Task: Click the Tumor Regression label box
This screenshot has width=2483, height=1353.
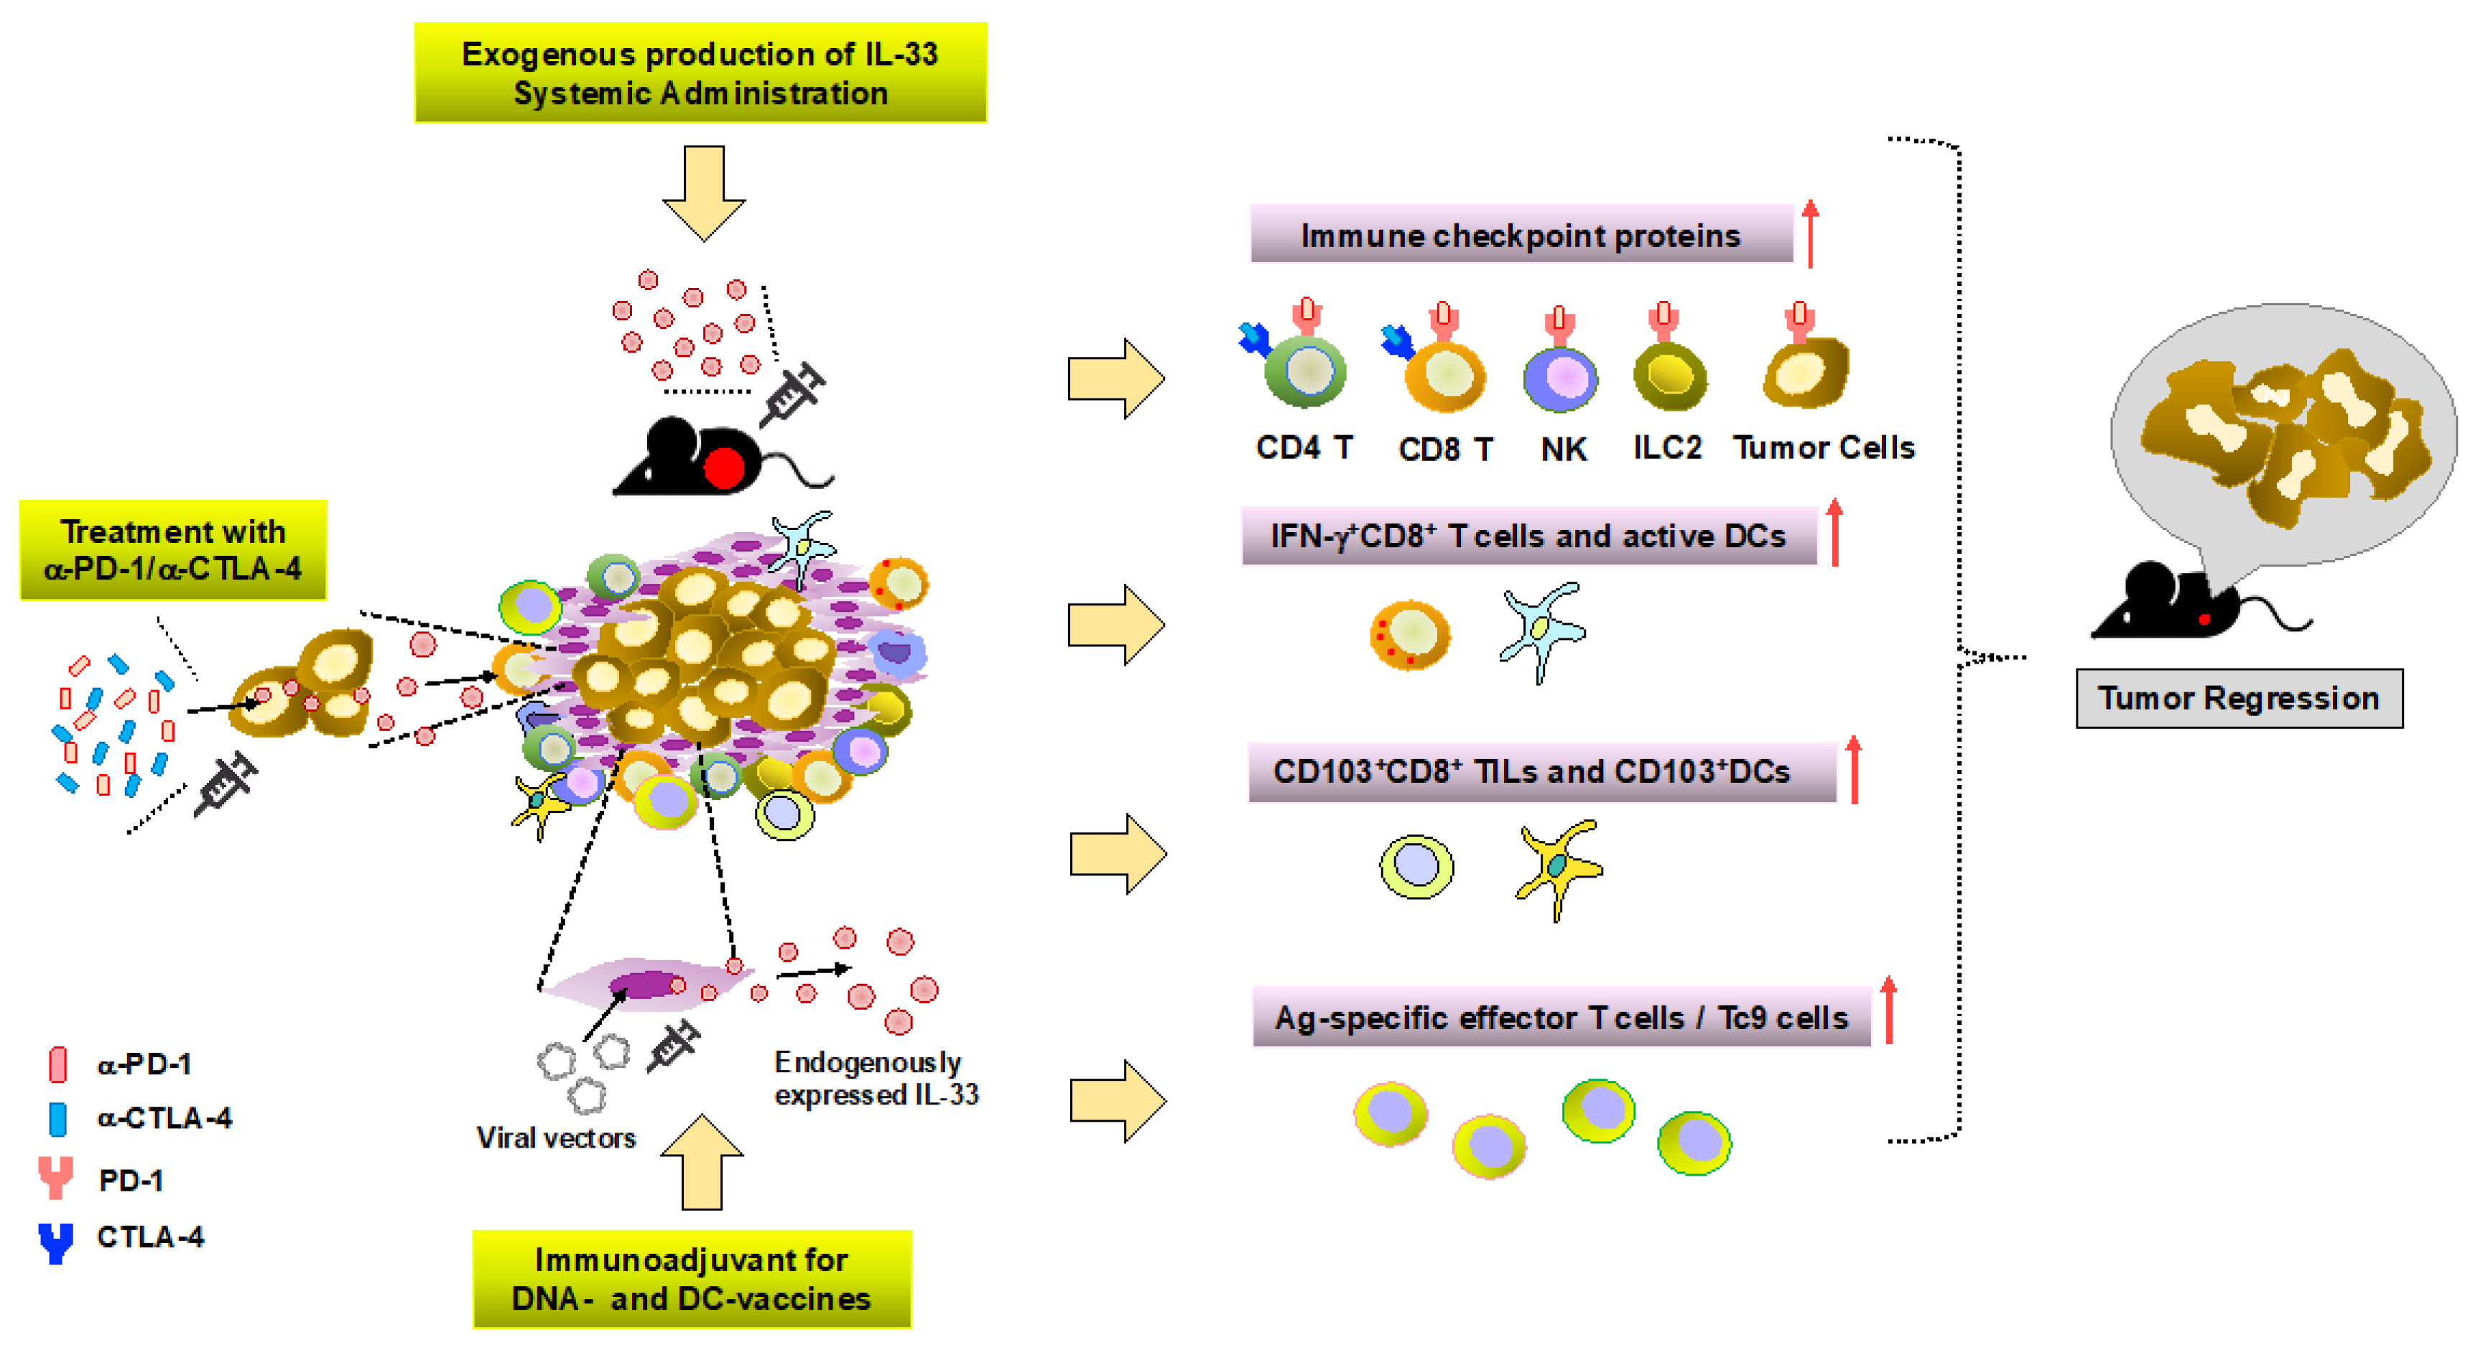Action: [x=2238, y=698]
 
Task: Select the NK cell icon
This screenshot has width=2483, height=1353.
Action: [x=1559, y=378]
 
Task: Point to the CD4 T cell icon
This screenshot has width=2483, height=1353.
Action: [x=1305, y=372]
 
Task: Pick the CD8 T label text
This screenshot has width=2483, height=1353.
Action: [x=1445, y=449]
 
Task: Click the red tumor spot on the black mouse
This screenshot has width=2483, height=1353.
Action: [x=723, y=468]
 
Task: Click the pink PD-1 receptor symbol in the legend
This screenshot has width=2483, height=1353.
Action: [x=56, y=1178]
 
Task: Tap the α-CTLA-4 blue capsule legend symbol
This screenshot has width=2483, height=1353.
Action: [x=58, y=1119]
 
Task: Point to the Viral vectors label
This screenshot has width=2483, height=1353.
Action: [x=556, y=1138]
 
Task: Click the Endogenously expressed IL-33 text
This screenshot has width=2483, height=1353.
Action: [x=876, y=1079]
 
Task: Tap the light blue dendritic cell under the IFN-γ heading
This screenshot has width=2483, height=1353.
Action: [x=1541, y=631]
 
